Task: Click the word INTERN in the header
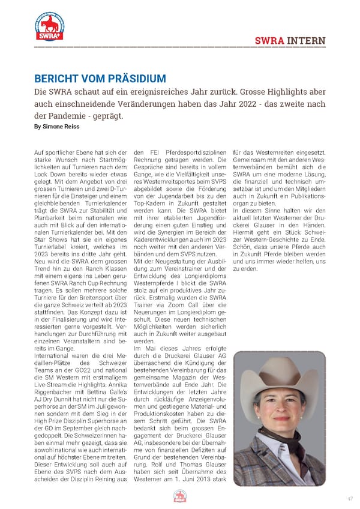[306, 41]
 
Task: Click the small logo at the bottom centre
[180, 496]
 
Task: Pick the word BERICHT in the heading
[55, 79]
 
